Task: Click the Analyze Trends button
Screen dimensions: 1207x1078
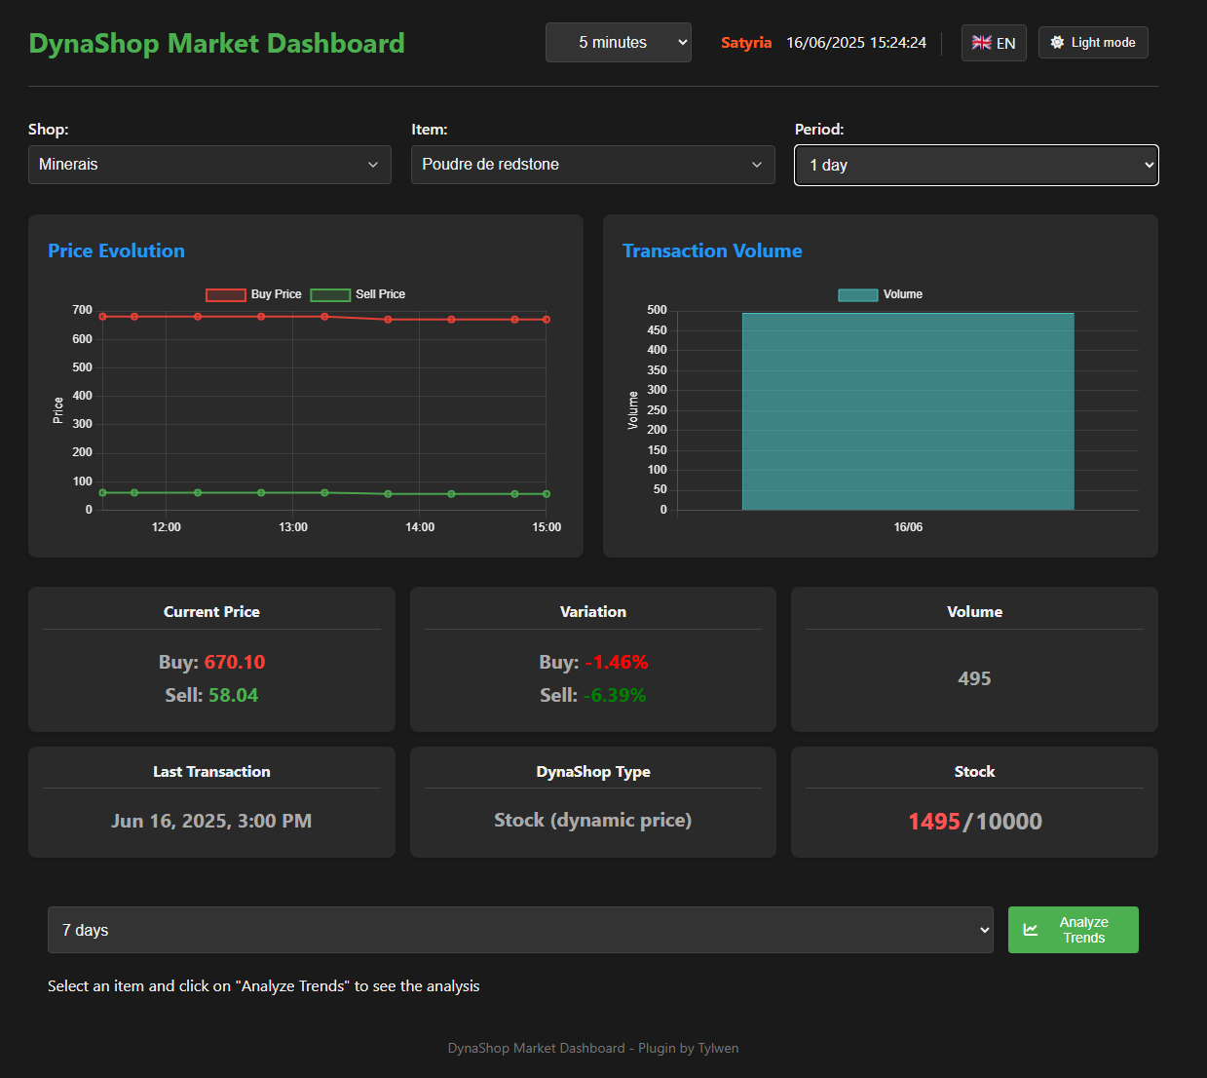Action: tap(1073, 930)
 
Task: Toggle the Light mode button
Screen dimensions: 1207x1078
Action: tap(1093, 42)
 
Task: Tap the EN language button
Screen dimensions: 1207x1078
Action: tap(993, 43)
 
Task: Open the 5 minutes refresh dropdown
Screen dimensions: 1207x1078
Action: tap(619, 42)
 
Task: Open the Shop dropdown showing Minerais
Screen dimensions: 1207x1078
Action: tap(209, 165)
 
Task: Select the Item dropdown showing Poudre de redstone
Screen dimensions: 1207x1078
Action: tap(592, 165)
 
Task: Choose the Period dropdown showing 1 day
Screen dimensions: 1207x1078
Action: tap(976, 165)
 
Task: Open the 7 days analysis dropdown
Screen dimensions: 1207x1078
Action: tap(520, 930)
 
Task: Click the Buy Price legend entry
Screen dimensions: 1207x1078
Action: tap(254, 294)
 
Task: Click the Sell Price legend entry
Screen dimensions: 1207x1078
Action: tap(358, 294)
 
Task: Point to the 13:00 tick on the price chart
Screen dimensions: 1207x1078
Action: tap(293, 527)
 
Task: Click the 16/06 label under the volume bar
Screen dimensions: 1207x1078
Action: tap(908, 527)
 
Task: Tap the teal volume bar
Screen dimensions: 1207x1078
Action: tap(908, 411)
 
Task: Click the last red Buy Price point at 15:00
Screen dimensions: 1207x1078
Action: tap(547, 320)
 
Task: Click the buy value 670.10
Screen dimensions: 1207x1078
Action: tap(235, 662)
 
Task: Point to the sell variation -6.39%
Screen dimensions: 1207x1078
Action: tap(615, 695)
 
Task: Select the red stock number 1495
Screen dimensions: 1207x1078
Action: tap(933, 821)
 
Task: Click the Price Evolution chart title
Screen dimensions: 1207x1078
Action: tap(116, 251)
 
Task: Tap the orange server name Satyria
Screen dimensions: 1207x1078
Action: tap(746, 43)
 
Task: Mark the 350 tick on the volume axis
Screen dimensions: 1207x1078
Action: tap(658, 370)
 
